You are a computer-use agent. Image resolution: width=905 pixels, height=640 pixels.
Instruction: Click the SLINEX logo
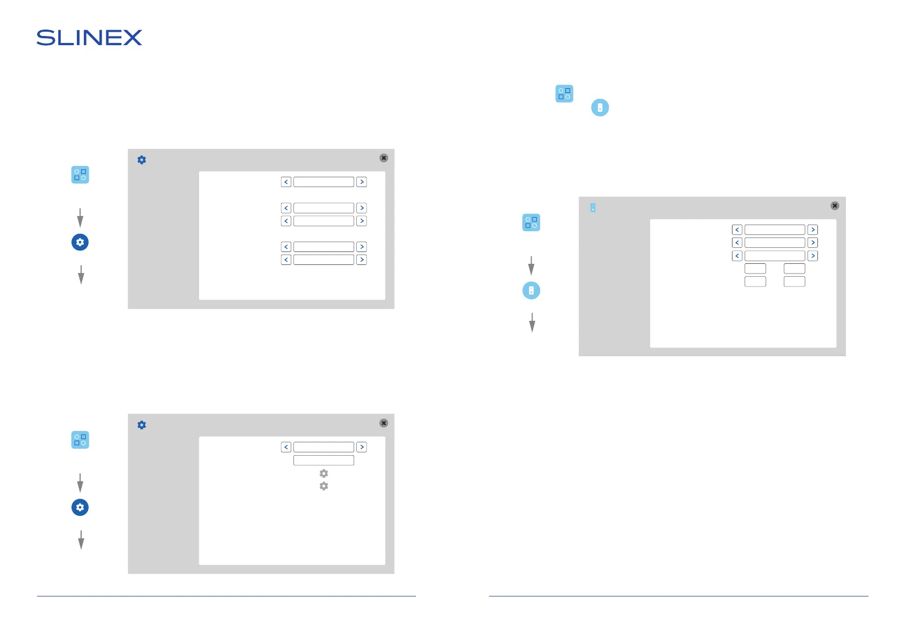[x=89, y=38]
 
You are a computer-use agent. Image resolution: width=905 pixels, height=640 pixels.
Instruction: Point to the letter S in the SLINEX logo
[x=45, y=38]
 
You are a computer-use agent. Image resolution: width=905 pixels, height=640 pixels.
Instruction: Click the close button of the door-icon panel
[x=835, y=206]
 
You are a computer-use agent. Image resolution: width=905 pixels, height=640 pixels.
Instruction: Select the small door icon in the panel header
[x=593, y=207]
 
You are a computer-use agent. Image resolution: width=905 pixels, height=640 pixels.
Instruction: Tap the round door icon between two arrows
[x=531, y=291]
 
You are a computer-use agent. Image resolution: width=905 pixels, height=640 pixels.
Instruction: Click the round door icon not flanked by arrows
[x=600, y=107]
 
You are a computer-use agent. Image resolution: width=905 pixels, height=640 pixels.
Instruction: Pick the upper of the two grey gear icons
[x=324, y=473]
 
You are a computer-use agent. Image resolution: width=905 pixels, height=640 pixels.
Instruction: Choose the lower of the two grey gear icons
[x=324, y=486]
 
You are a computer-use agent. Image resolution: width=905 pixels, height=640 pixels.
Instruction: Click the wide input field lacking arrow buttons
[x=324, y=461]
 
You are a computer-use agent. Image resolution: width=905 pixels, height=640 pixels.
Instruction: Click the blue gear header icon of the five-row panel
[x=142, y=160]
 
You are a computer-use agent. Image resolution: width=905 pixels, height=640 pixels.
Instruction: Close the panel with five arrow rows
[x=384, y=158]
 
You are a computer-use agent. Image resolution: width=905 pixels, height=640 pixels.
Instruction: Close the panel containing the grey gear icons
[x=384, y=423]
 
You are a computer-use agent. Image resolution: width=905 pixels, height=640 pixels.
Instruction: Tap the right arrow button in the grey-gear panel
[x=362, y=447]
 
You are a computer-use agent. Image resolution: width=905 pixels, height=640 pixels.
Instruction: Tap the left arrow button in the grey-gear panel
[x=286, y=447]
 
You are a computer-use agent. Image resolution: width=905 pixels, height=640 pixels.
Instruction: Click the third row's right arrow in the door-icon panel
[x=813, y=256]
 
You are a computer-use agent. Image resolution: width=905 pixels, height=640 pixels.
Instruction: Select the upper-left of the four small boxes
[x=755, y=269]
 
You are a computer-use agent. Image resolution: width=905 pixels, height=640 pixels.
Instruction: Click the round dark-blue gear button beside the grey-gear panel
[x=80, y=507]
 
